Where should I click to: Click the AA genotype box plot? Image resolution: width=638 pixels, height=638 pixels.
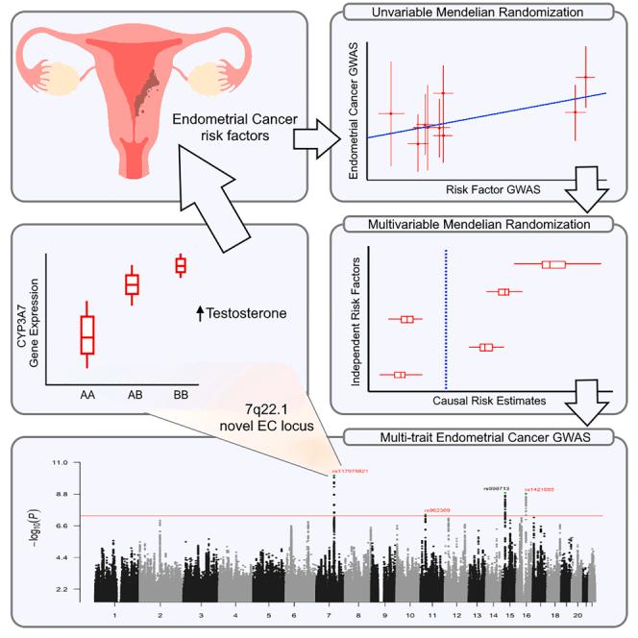tap(88, 334)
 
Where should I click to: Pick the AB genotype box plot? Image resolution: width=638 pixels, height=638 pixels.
tap(134, 284)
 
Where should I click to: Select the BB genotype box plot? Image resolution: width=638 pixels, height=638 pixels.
tap(180, 265)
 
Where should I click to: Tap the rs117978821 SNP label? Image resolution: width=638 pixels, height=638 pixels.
tap(351, 471)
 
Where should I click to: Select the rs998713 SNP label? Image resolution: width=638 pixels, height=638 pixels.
tap(496, 488)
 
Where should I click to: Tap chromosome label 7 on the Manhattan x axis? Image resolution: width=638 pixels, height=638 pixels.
tap(332, 613)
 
